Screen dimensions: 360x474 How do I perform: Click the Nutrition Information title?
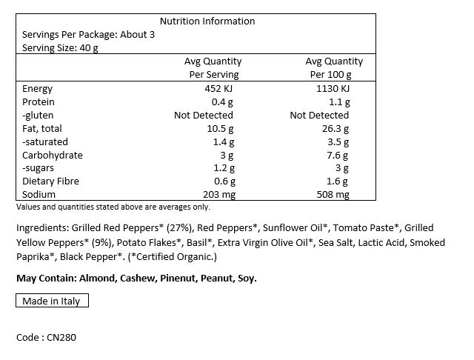point(207,21)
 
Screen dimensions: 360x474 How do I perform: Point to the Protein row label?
point(39,102)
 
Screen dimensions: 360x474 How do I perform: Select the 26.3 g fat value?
point(335,129)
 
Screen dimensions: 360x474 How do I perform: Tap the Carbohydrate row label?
point(53,156)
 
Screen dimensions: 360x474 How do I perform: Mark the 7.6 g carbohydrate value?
point(337,156)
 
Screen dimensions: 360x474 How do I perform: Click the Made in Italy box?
point(52,301)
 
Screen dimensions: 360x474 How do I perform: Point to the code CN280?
point(47,338)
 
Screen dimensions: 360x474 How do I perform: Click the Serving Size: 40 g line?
point(61,48)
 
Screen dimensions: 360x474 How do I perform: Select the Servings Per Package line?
point(89,35)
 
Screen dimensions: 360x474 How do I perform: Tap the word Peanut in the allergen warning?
point(210,279)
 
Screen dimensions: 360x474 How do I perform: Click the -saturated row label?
point(46,142)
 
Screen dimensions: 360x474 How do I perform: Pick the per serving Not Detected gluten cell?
point(204,116)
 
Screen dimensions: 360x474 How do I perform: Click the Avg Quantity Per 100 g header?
point(334,68)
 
